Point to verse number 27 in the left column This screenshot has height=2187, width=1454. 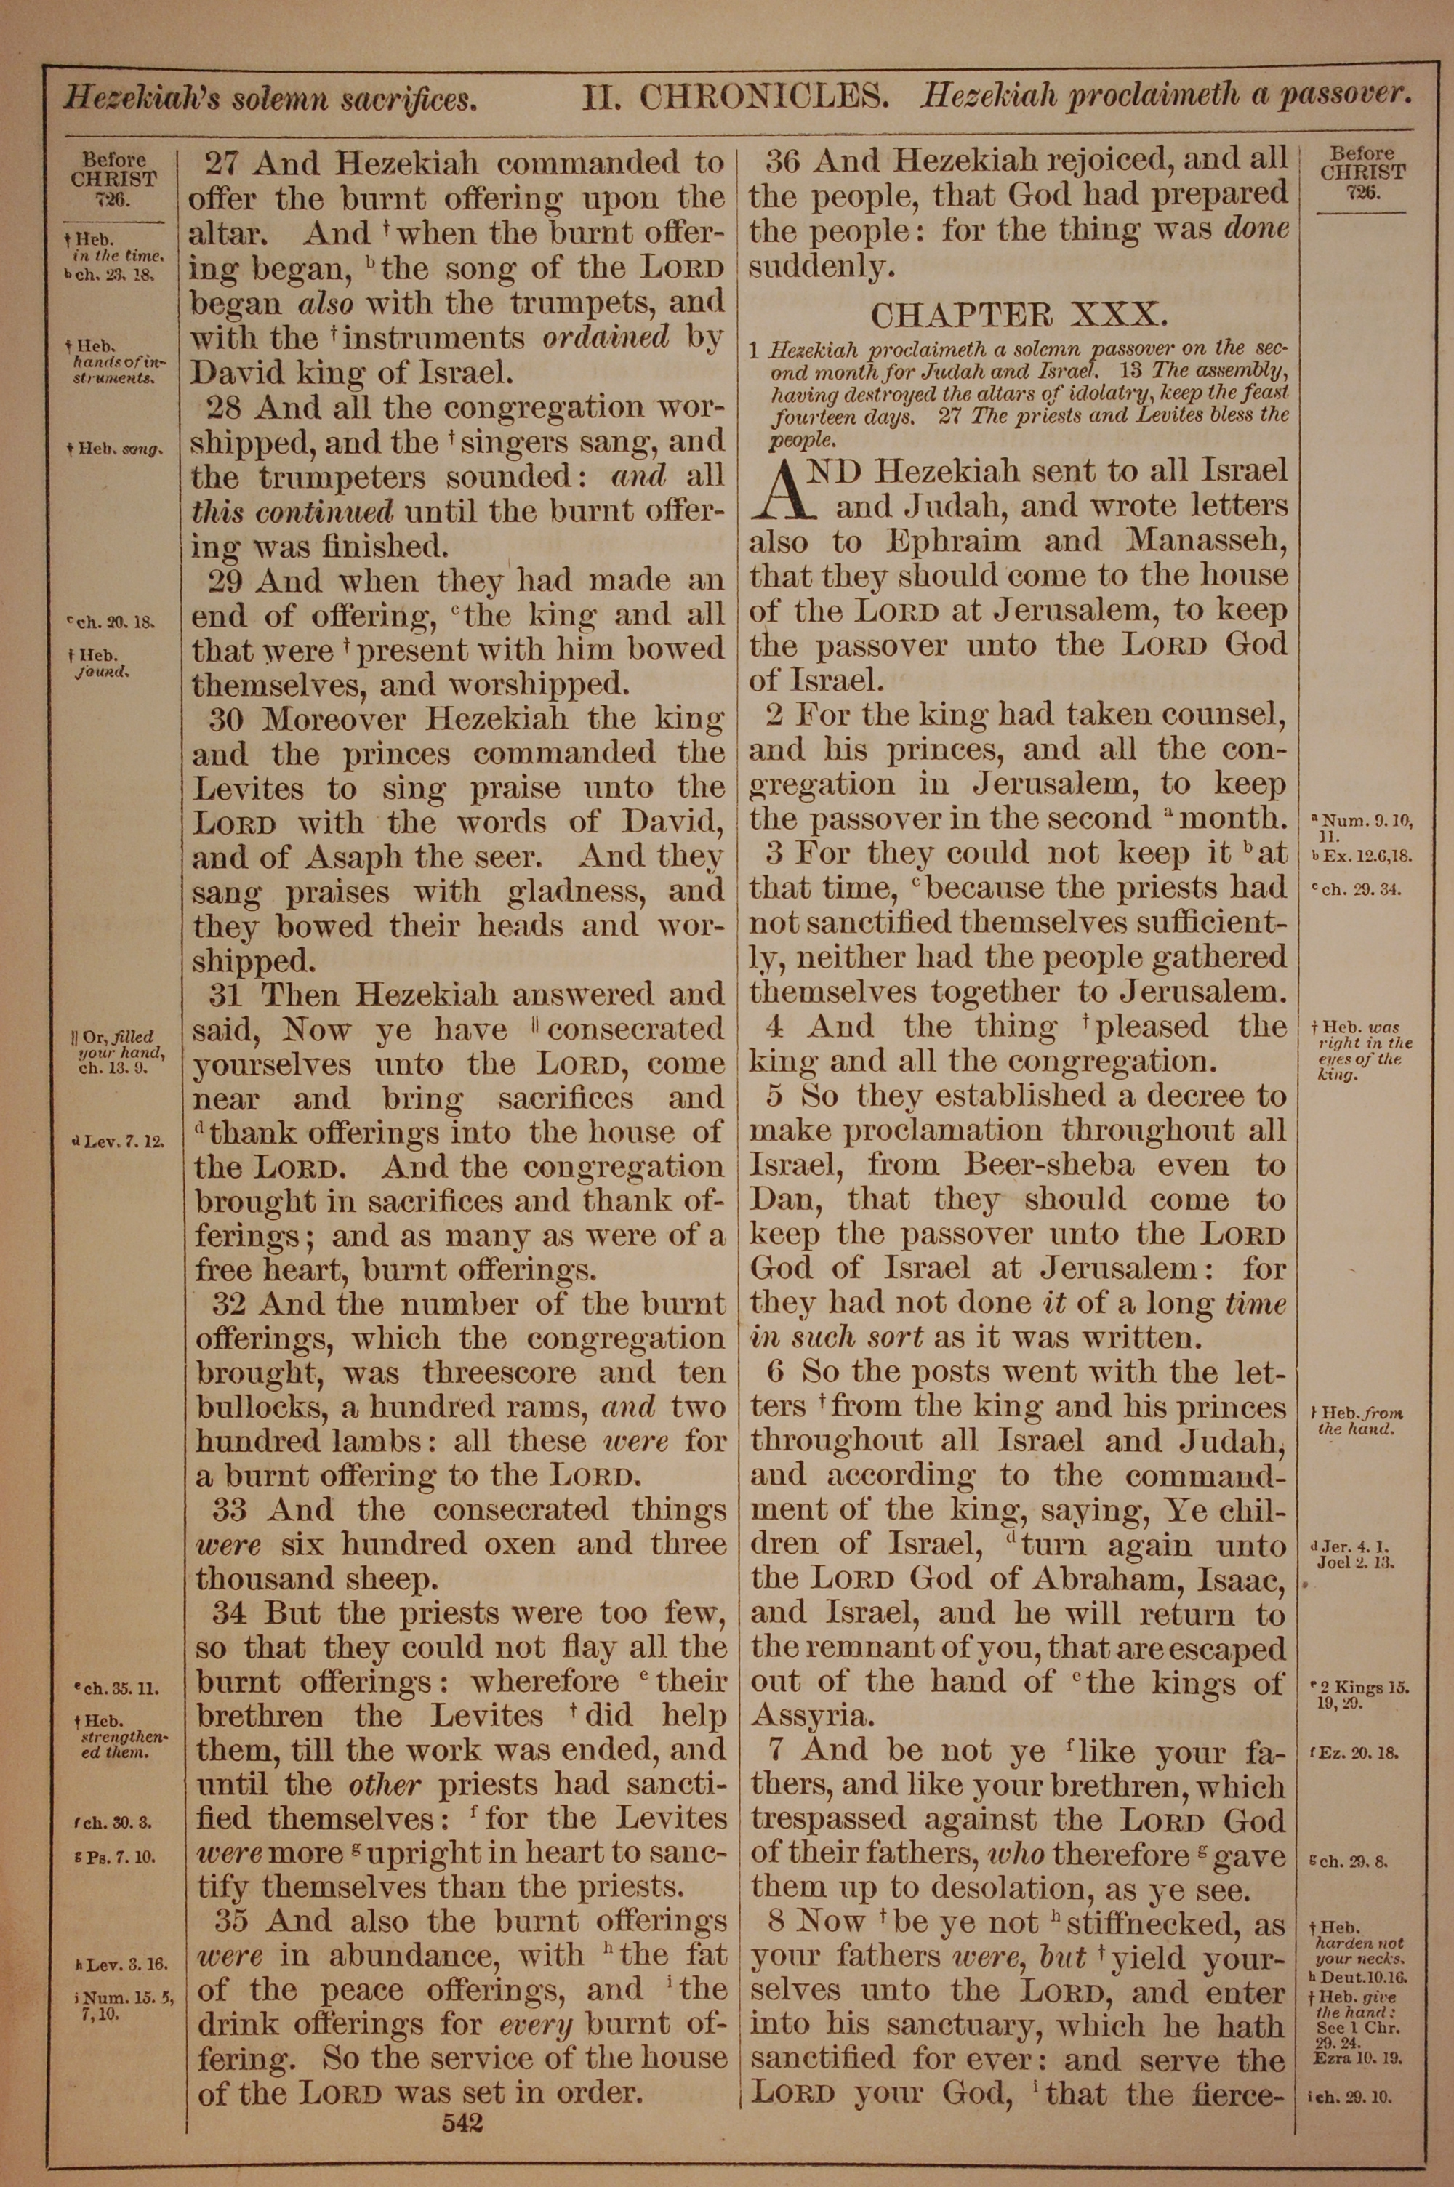[222, 164]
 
